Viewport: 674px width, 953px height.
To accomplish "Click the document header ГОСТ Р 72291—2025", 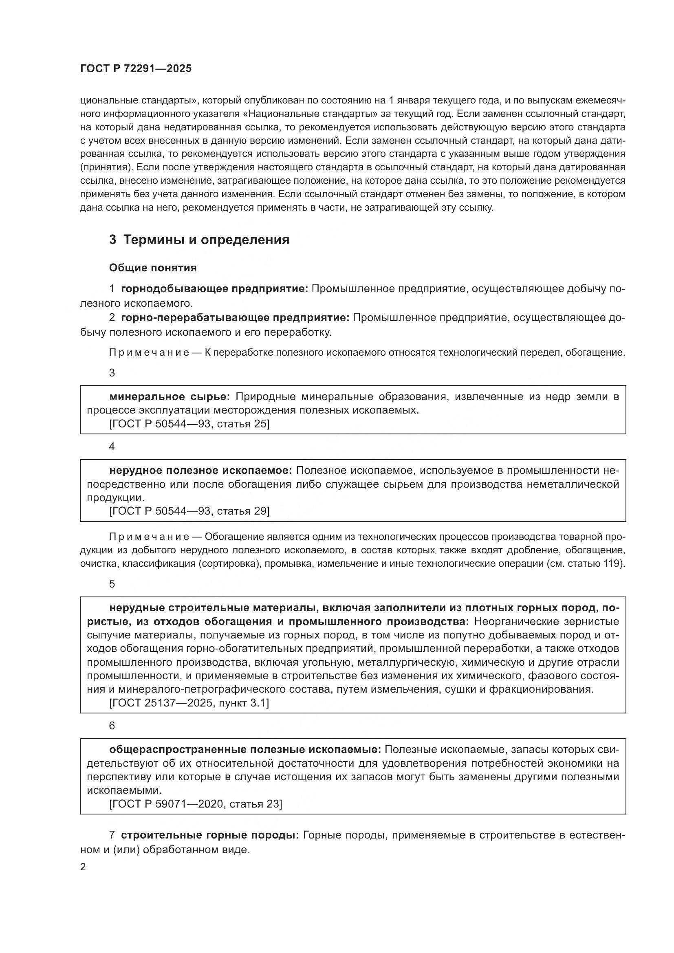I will pyautogui.click(x=136, y=69).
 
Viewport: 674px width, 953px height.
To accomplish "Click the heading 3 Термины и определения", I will pyautogui.click(x=199, y=240).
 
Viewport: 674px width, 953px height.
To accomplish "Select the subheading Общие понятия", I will pyautogui.click(x=153, y=268).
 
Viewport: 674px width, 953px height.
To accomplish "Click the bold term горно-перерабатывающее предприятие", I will pyautogui.click(x=235, y=318).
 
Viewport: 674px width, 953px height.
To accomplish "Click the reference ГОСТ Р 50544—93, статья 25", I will pyautogui.click(x=189, y=424).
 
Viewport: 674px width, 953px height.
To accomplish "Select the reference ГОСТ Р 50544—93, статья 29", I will pyautogui.click(x=189, y=511).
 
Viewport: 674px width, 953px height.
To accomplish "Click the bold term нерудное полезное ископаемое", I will pyautogui.click(x=201, y=471).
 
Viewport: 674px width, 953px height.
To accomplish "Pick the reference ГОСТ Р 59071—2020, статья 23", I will pyautogui.click(x=196, y=804).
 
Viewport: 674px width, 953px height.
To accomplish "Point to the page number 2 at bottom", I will pyautogui.click(x=83, y=867).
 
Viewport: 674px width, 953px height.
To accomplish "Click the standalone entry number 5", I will pyautogui.click(x=112, y=584).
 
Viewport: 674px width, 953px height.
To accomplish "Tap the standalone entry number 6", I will pyautogui.click(x=112, y=726).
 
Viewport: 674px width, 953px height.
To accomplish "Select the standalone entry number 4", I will pyautogui.click(x=112, y=447).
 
